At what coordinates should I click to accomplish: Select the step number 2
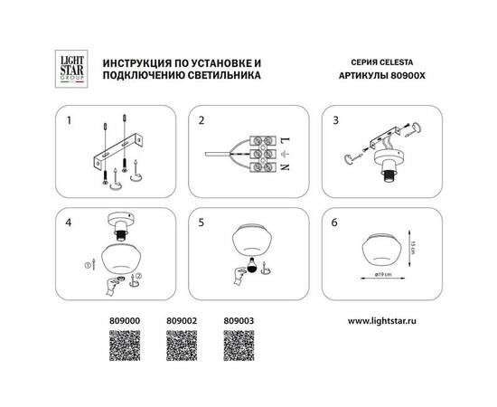click(x=202, y=118)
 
